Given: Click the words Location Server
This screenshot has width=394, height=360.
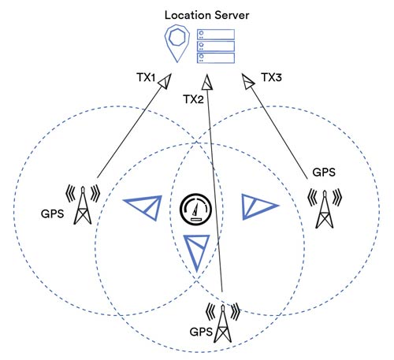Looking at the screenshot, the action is [x=206, y=15].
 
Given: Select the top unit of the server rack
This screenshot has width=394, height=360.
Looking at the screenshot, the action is [x=216, y=34].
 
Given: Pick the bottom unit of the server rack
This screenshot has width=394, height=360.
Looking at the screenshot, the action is [x=216, y=58].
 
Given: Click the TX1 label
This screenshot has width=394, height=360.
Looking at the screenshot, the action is [x=147, y=77].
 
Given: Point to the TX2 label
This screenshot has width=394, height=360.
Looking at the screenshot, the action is [x=193, y=99].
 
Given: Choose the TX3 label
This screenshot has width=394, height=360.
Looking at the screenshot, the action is [x=272, y=77].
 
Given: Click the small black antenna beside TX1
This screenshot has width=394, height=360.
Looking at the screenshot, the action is [x=165, y=81].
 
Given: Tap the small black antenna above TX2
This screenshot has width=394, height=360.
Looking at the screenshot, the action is [x=207, y=82].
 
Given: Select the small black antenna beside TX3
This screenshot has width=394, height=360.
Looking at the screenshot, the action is [x=248, y=81].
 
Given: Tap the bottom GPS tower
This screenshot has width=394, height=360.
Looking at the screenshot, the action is [x=223, y=323].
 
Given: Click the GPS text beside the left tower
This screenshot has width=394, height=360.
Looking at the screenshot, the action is [x=53, y=213].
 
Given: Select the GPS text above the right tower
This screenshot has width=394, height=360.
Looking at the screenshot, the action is [x=324, y=173].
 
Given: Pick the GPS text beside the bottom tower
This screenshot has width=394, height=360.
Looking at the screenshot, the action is [x=201, y=332].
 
